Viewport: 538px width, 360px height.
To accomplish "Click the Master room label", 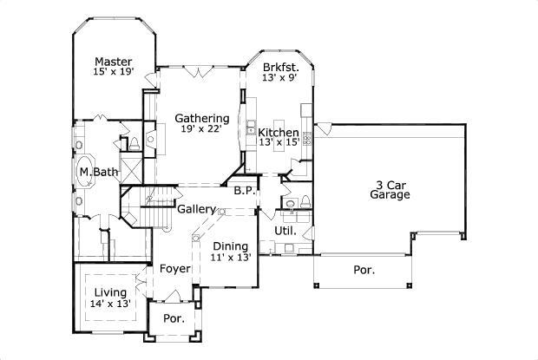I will [x=114, y=62].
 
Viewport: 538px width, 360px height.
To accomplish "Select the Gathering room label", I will [x=202, y=118].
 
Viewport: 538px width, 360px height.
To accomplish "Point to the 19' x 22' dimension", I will [x=202, y=129].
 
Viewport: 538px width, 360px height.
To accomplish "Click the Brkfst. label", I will [x=281, y=66].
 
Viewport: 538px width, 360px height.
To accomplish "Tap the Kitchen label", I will [x=279, y=132].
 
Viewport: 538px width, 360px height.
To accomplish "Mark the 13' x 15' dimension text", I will [x=279, y=142].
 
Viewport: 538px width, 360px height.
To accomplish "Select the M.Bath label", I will [x=98, y=172].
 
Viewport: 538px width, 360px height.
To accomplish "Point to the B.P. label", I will [x=243, y=191].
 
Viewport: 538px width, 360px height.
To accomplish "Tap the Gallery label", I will [x=196, y=209].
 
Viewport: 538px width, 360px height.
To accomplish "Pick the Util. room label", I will [x=285, y=231].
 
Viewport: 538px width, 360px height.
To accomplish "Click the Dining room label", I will [x=231, y=245].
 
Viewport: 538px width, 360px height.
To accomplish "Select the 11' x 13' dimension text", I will [x=232, y=257].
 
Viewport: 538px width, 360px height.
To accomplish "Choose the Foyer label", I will [x=174, y=269].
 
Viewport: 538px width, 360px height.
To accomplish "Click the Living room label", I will [x=110, y=292].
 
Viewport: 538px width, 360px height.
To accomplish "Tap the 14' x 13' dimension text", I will [x=110, y=304].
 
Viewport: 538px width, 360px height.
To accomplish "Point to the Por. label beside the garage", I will [x=364, y=271].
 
